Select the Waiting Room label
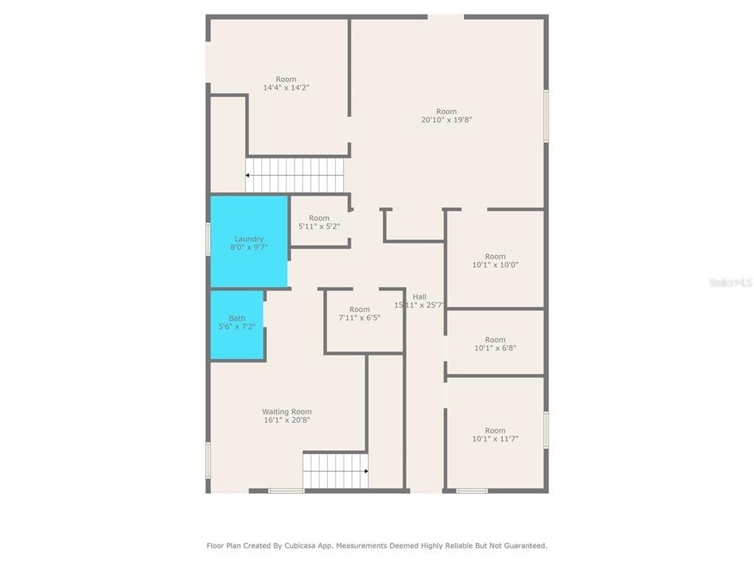pos(286,412)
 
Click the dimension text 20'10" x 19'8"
pos(446,120)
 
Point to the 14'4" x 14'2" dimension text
pos(286,88)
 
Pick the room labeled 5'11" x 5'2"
pos(320,222)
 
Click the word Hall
pos(420,296)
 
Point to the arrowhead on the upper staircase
pos(247,176)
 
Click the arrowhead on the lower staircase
pos(366,471)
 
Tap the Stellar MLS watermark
pos(730,282)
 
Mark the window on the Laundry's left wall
pos(208,240)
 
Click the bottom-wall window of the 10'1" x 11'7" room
pos(472,491)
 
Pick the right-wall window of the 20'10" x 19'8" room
pos(546,116)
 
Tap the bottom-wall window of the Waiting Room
pos(286,491)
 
